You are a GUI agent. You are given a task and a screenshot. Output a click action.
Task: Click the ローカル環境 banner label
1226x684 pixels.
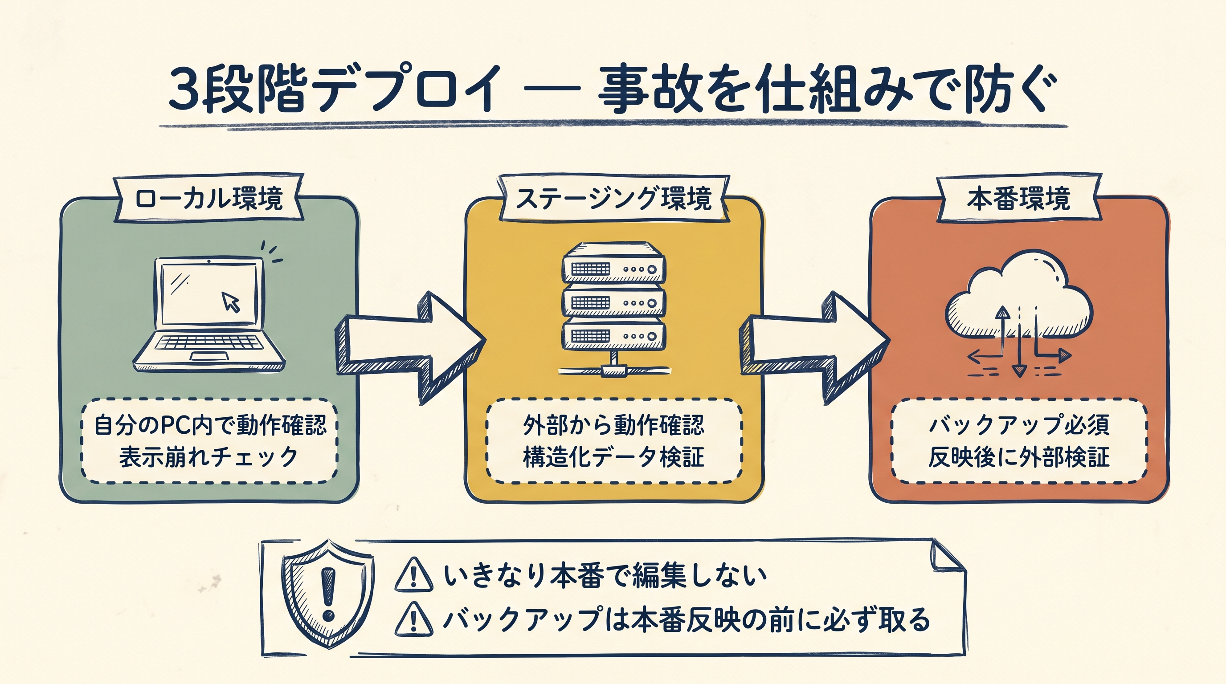click(208, 198)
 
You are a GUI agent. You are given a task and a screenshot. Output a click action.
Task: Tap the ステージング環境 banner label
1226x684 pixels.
click(613, 198)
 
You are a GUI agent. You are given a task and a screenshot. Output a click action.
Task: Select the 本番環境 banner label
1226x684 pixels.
click(1018, 198)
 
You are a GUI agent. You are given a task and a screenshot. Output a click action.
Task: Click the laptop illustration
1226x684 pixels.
click(209, 314)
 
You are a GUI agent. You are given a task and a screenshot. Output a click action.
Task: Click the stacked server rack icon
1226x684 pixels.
click(613, 309)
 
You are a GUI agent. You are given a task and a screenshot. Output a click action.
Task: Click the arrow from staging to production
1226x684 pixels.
click(814, 348)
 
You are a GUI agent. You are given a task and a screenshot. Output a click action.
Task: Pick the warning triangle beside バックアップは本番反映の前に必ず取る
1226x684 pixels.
click(413, 619)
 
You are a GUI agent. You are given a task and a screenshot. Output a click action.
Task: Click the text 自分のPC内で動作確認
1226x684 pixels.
click(210, 425)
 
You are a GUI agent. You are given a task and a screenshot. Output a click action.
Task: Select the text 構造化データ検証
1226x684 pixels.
click(613, 457)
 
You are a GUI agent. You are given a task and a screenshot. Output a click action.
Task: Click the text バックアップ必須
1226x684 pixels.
click(1019, 425)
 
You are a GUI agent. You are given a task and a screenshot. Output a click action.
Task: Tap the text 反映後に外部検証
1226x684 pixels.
click(1019, 457)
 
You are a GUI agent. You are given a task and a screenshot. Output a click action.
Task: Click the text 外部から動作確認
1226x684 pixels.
click(613, 425)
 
